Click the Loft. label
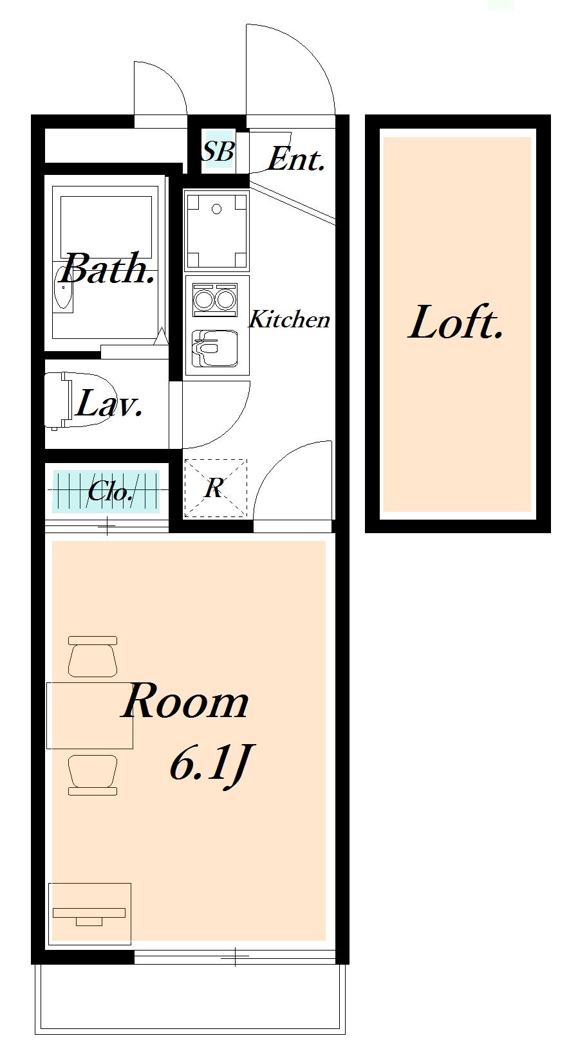[x=456, y=323]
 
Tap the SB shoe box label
[x=217, y=152]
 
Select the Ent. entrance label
[x=295, y=159]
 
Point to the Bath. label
[x=108, y=269]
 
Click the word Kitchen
[x=289, y=319]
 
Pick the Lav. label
[x=109, y=405]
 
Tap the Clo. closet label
[x=110, y=492]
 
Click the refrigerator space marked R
[x=215, y=488]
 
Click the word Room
[x=185, y=702]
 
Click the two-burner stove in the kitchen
[x=216, y=300]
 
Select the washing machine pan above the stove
[x=216, y=230]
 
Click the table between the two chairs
[x=89, y=715]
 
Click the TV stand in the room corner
[x=89, y=913]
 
